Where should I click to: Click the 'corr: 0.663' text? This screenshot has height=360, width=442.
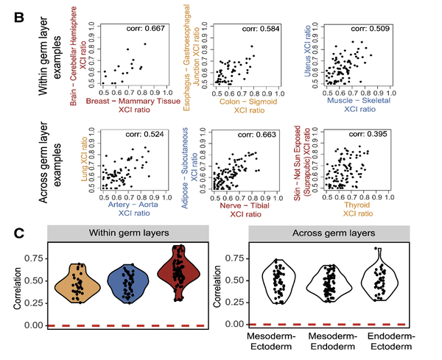234,134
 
